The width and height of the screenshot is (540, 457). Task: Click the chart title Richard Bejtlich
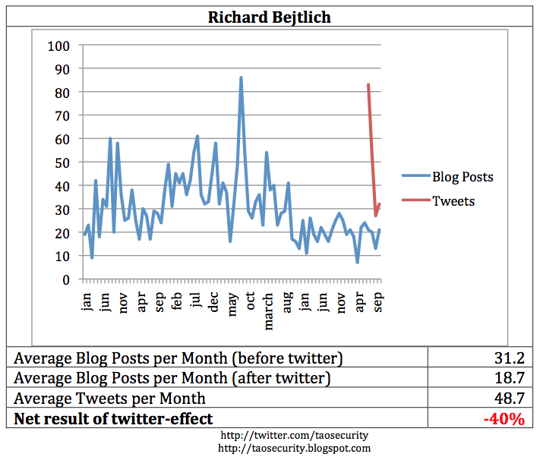pos(270,17)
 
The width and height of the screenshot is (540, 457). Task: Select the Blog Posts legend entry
pos(463,177)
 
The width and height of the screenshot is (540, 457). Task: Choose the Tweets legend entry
pos(453,201)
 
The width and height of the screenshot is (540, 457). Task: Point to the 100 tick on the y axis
pos(58,46)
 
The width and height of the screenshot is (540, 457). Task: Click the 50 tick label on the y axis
pos(61,162)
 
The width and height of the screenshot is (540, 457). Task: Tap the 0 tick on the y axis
pos(65,279)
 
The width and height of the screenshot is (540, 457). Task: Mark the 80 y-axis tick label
pos(61,93)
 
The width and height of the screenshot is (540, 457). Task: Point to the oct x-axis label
pos(250,301)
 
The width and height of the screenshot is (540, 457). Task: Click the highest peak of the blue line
pos(241,77)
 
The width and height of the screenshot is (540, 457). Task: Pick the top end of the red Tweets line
pos(368,84)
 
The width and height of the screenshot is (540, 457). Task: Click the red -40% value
pos(505,418)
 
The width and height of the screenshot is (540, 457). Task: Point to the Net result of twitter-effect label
pos(114,418)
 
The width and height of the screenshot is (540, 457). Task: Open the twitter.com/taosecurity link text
pos(294,437)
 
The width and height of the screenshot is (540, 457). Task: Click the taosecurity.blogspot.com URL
pos(294,448)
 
